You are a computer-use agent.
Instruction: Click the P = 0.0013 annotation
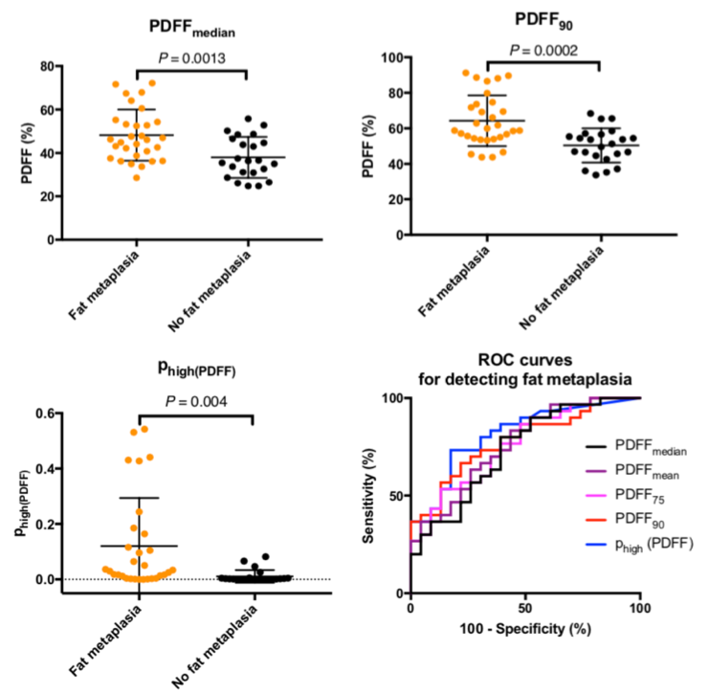[191, 58]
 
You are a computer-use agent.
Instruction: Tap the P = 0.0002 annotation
[543, 50]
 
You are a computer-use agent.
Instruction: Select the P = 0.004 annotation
[195, 402]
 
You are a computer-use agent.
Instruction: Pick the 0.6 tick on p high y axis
[44, 415]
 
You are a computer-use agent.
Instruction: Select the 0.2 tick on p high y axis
[44, 525]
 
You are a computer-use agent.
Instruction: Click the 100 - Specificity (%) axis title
[524, 631]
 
